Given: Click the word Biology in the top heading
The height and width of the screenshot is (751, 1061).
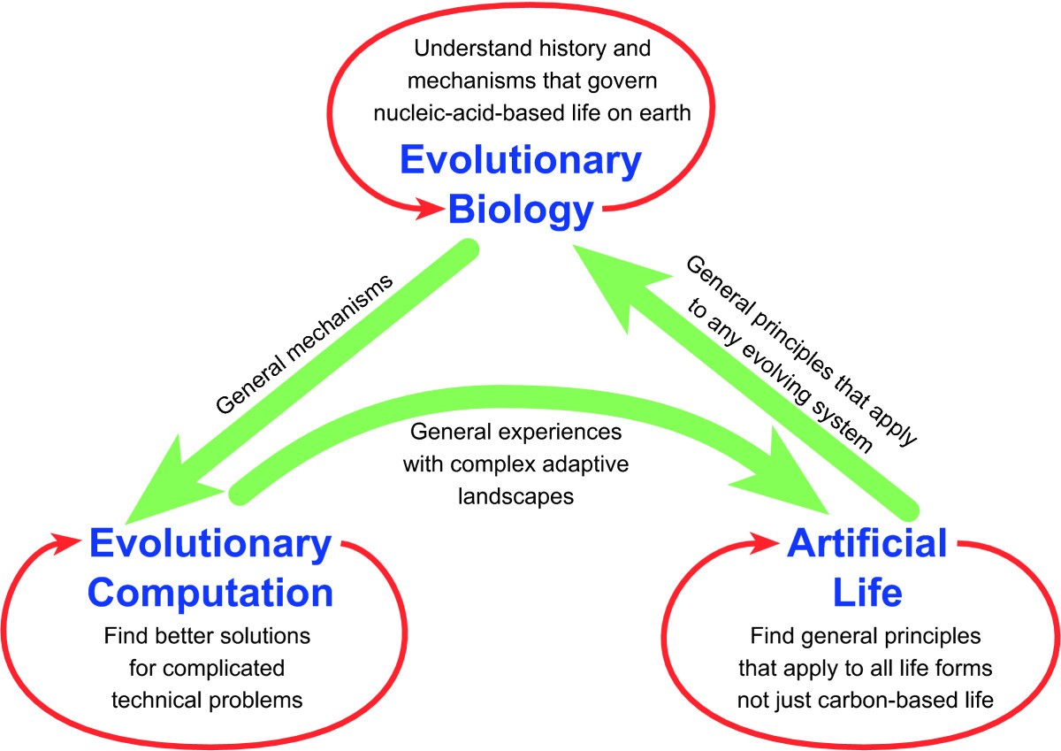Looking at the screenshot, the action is (521, 211).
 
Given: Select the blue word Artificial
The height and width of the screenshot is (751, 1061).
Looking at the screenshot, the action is (866, 543).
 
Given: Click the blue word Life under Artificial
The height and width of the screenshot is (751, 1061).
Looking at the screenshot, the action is (867, 593).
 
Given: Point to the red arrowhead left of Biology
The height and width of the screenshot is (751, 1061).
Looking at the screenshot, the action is (429, 208).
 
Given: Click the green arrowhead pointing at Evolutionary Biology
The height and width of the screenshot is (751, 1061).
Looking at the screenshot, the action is (615, 283).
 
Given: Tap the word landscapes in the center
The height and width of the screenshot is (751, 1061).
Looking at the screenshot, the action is (515, 497).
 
